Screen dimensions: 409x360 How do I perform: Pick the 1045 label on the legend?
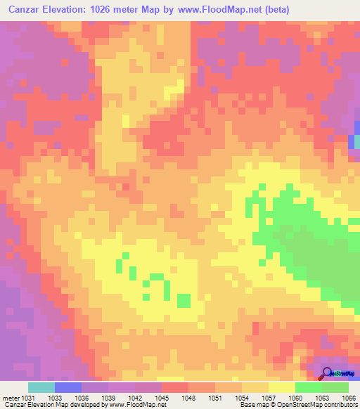pyautogui.click(x=162, y=398)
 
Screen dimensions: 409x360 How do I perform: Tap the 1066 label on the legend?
pyautogui.click(x=349, y=398)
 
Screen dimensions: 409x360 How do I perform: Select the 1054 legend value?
pyautogui.click(x=242, y=398)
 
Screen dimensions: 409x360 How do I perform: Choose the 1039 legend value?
pyautogui.click(x=108, y=398)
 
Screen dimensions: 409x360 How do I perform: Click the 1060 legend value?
pyautogui.click(x=295, y=398)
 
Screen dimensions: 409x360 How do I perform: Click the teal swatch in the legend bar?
pyautogui.click(x=41, y=387)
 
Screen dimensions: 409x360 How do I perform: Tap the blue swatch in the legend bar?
pyautogui.click(x=68, y=387)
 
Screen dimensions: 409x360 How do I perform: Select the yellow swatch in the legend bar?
pyautogui.click(x=282, y=387)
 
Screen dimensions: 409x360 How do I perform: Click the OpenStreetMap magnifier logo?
pyautogui.click(x=328, y=373)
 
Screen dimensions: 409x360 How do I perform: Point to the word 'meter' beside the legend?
pyautogui.click(x=10, y=398)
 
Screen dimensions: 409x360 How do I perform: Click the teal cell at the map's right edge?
pyautogui.click(x=356, y=141)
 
